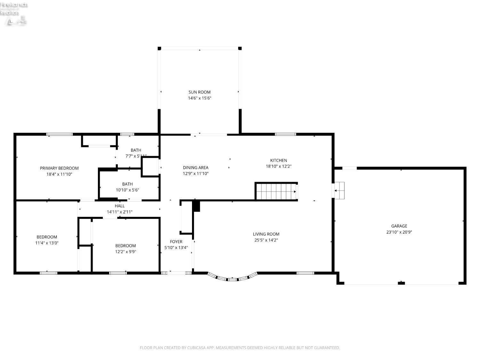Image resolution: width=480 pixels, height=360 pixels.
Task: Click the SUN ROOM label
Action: [x=199, y=92]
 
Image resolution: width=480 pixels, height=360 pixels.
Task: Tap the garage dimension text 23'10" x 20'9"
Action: [x=399, y=232]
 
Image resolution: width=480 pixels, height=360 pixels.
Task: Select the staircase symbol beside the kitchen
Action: [x=276, y=191]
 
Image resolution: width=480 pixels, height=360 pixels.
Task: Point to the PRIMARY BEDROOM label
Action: [x=59, y=168]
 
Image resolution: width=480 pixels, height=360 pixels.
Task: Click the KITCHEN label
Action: [x=278, y=160]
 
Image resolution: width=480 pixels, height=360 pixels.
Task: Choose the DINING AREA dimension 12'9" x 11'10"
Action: [x=196, y=173]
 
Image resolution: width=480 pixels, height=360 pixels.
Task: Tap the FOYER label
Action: [x=176, y=242]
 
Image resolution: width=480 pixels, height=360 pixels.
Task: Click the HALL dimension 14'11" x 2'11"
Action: [x=120, y=212]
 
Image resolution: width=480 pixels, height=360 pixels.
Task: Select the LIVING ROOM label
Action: [x=266, y=234]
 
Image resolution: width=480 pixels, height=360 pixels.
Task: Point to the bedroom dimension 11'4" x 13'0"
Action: [x=47, y=243]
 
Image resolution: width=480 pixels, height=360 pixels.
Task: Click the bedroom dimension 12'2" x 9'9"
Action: [x=125, y=252]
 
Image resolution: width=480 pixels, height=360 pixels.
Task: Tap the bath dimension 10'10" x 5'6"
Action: [x=127, y=190]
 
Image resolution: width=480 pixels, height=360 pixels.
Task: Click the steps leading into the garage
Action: [x=339, y=190]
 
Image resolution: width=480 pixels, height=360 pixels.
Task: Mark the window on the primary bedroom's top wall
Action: [x=60, y=134]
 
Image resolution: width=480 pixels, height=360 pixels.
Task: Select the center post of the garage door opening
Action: [x=401, y=283]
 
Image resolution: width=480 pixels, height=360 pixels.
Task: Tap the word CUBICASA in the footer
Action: [x=196, y=348]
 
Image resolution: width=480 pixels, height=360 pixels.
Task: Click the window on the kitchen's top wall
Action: [x=285, y=134]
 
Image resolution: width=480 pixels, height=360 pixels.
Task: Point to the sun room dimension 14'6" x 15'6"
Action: [x=199, y=98]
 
